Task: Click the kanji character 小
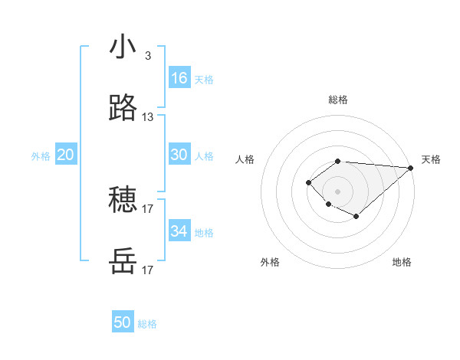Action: (123, 48)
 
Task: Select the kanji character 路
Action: (123, 110)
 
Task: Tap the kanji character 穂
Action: (123, 201)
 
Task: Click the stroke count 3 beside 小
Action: (147, 56)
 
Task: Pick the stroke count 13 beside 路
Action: (147, 117)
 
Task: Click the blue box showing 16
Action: (179, 78)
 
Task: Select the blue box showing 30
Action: (179, 155)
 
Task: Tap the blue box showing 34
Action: (179, 231)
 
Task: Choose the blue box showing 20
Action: (65, 155)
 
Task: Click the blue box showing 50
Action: (123, 322)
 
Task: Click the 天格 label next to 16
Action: (204, 80)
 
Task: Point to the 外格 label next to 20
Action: (41, 156)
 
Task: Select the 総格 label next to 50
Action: (147, 324)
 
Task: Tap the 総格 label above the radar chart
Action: (338, 100)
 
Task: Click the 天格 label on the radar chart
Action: (431, 159)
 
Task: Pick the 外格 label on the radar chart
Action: (270, 263)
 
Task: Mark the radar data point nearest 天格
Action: (411, 168)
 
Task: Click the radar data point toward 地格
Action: (356, 217)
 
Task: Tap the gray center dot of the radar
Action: (338, 191)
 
